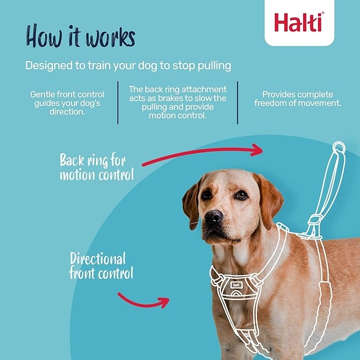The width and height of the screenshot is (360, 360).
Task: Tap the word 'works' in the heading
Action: pos(110,37)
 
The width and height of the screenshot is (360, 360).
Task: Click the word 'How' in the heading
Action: pos(44,36)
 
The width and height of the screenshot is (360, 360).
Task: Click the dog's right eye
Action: pos(241,196)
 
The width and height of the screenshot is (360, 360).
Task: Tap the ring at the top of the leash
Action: pos(339,147)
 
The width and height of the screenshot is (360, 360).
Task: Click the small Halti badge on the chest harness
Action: pos(236,285)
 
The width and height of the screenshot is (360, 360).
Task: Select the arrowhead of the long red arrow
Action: pos(257,150)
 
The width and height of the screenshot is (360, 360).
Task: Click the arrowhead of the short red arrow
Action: pos(164,302)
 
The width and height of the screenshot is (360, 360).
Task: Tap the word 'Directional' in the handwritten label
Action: pos(98,259)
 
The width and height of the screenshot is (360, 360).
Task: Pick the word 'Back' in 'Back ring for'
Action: pos(72,160)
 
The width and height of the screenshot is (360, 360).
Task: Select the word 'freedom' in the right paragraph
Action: pos(270,103)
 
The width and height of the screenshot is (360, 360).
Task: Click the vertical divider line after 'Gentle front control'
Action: pos(118,103)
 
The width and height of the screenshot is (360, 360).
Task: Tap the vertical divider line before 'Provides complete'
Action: pos(238,103)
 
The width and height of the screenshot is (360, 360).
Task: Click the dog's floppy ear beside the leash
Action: pos(269,200)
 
